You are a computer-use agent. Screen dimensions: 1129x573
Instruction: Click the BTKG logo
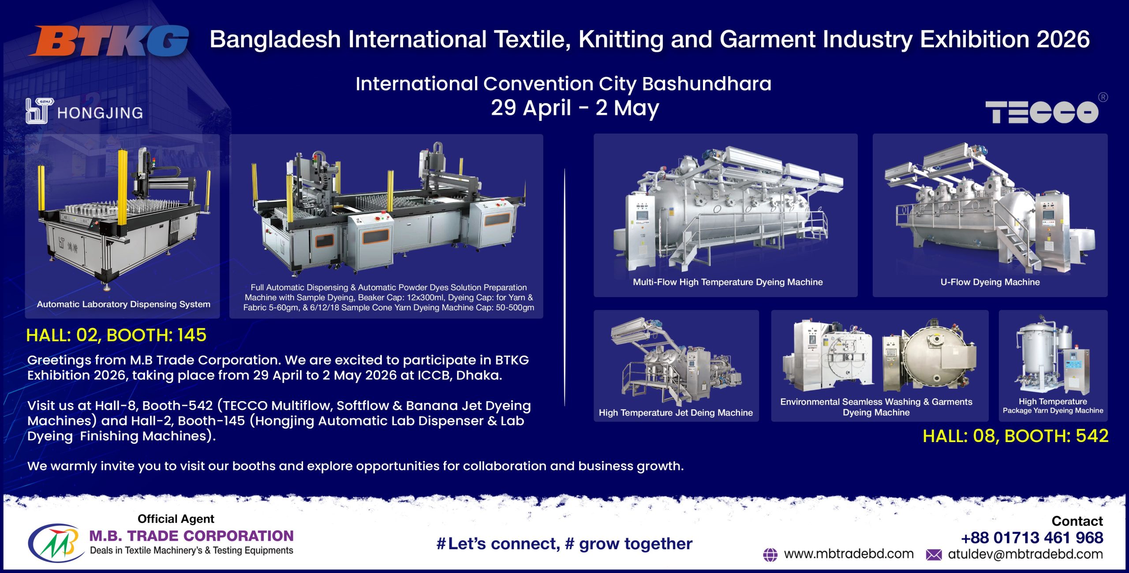(109, 41)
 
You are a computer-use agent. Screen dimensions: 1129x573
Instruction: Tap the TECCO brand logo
(1042, 112)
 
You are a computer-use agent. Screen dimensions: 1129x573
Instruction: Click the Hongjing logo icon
(39, 111)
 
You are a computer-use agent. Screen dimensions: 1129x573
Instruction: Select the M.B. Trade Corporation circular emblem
(56, 543)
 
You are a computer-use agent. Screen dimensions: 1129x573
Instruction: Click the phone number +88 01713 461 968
(1032, 538)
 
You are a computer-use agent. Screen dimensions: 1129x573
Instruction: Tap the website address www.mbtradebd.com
(849, 554)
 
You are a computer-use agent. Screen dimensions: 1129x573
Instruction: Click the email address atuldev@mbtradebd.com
(1025, 554)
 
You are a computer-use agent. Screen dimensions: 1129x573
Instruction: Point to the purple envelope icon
(934, 555)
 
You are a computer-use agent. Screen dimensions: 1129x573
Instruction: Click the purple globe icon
(770, 555)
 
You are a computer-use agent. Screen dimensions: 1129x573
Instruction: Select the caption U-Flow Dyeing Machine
(990, 282)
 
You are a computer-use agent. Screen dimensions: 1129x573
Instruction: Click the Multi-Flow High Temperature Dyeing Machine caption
(728, 282)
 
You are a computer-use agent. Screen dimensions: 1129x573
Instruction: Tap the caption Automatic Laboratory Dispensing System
(123, 304)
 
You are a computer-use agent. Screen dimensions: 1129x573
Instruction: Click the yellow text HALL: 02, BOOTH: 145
(116, 335)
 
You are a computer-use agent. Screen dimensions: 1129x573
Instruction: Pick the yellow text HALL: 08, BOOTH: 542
(1016, 436)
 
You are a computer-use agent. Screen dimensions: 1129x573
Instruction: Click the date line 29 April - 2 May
(575, 108)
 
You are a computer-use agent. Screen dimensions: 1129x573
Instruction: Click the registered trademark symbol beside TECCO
(1103, 97)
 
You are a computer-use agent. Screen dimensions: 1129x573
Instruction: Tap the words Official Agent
(176, 519)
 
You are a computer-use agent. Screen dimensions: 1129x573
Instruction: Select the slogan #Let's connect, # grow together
(564, 544)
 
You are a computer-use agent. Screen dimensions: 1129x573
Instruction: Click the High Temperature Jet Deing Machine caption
(676, 413)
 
